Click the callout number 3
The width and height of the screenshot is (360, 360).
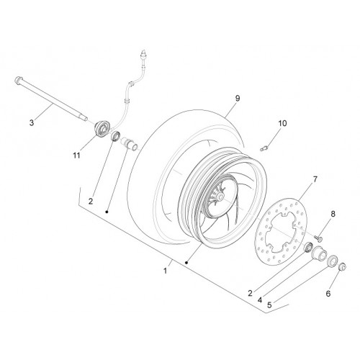coord(32,123)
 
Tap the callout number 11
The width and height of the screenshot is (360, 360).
coord(76,156)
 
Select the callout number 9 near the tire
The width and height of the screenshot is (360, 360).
coord(238,98)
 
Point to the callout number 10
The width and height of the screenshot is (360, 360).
coord(282,123)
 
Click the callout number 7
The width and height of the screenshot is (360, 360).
coord(315,179)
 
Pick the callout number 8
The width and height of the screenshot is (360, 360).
coord(333,214)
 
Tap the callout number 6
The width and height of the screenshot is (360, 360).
coord(328,293)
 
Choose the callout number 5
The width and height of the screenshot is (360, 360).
coord(269,305)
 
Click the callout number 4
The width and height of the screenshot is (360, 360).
coord(260,300)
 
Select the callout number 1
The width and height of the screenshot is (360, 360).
coord(165,271)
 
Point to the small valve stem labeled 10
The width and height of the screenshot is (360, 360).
coord(264,149)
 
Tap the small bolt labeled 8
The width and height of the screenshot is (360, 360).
coord(318,238)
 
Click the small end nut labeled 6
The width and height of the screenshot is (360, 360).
coord(343,267)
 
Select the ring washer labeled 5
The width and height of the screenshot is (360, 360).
coord(333,261)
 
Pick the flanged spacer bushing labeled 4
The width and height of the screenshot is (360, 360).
coord(319,253)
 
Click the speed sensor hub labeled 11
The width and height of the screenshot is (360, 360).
coord(102,130)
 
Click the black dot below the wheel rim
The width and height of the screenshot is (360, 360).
coord(186,263)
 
